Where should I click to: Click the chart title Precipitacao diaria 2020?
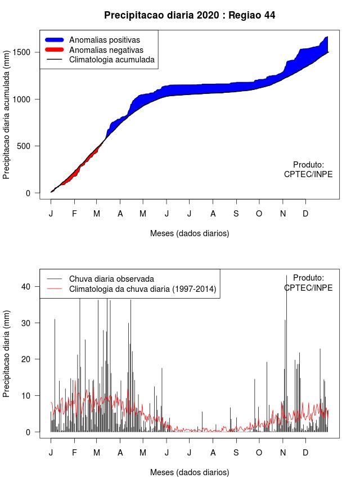click(x=161, y=15)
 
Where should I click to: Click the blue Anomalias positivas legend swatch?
click(x=54, y=40)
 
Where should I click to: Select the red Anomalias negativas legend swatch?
click(x=54, y=49)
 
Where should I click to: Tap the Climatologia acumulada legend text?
click(x=112, y=60)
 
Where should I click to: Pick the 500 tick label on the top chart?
click(x=24, y=146)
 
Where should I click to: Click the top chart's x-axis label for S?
click(x=236, y=214)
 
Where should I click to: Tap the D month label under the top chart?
click(x=305, y=214)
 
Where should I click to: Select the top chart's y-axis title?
click(x=6, y=114)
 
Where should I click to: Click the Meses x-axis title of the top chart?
click(x=190, y=233)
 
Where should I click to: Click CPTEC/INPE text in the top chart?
click(x=308, y=174)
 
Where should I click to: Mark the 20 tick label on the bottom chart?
click(x=26, y=359)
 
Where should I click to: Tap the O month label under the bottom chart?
click(x=259, y=453)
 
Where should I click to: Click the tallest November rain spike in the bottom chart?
click(x=286, y=354)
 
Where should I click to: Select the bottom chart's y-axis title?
click(x=6, y=354)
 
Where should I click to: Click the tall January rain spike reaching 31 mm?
click(x=55, y=375)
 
